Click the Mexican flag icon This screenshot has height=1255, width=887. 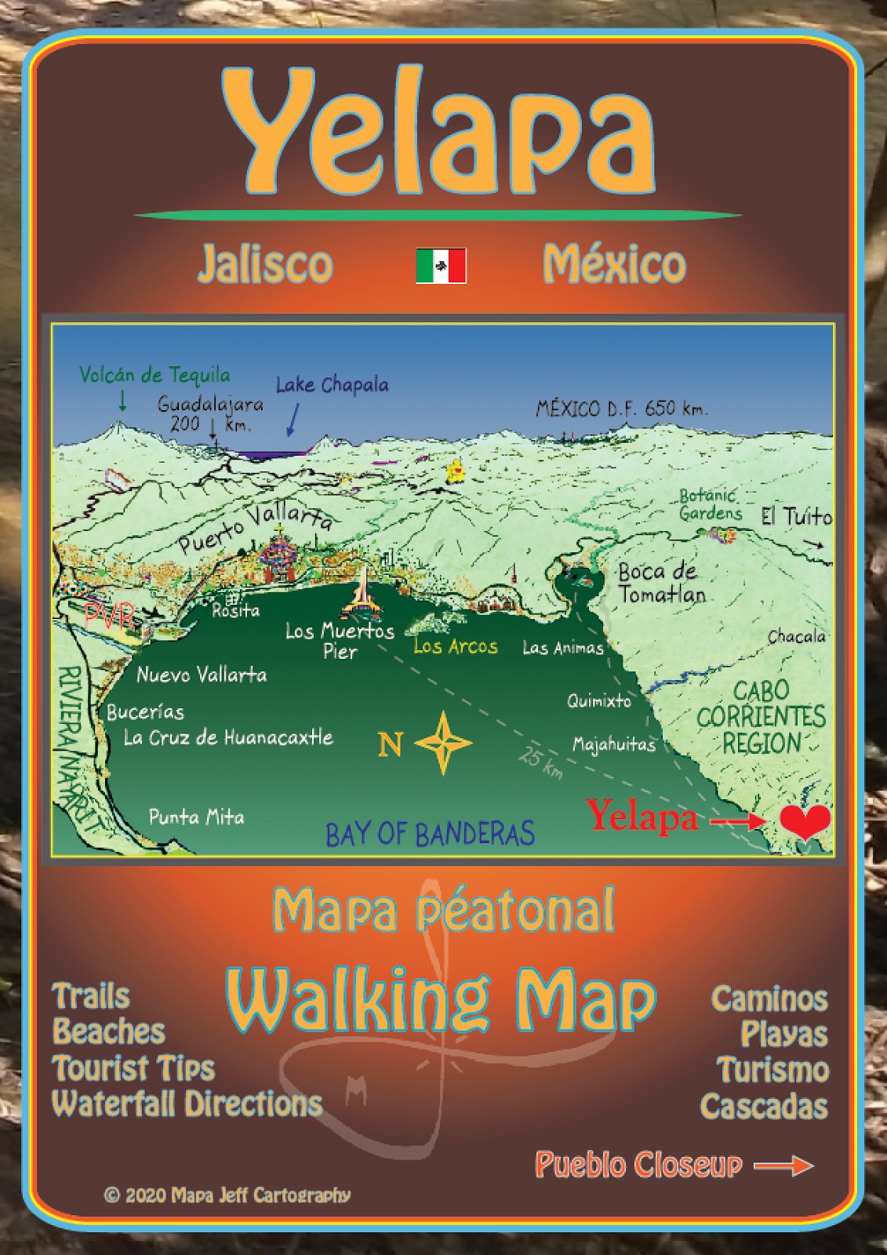441,265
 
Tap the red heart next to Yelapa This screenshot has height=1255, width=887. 805,820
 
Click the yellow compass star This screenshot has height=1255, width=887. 444,742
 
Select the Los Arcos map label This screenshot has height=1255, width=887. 455,646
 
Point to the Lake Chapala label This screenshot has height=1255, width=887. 332,385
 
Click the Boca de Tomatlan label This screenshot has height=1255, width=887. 661,583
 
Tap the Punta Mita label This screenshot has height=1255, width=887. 196,817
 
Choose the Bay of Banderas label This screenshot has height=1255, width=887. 430,834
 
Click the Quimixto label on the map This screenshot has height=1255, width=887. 599,700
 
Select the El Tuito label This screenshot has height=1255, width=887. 796,516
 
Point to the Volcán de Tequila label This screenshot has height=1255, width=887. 154,375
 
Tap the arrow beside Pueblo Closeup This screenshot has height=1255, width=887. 783,1166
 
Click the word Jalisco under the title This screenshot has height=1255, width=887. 265,264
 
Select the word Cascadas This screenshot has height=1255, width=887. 763,1106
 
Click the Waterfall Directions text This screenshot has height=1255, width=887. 187,1104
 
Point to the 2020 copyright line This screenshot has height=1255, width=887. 227,1195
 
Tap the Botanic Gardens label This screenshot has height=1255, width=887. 710,504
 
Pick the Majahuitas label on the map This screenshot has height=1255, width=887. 613,744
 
